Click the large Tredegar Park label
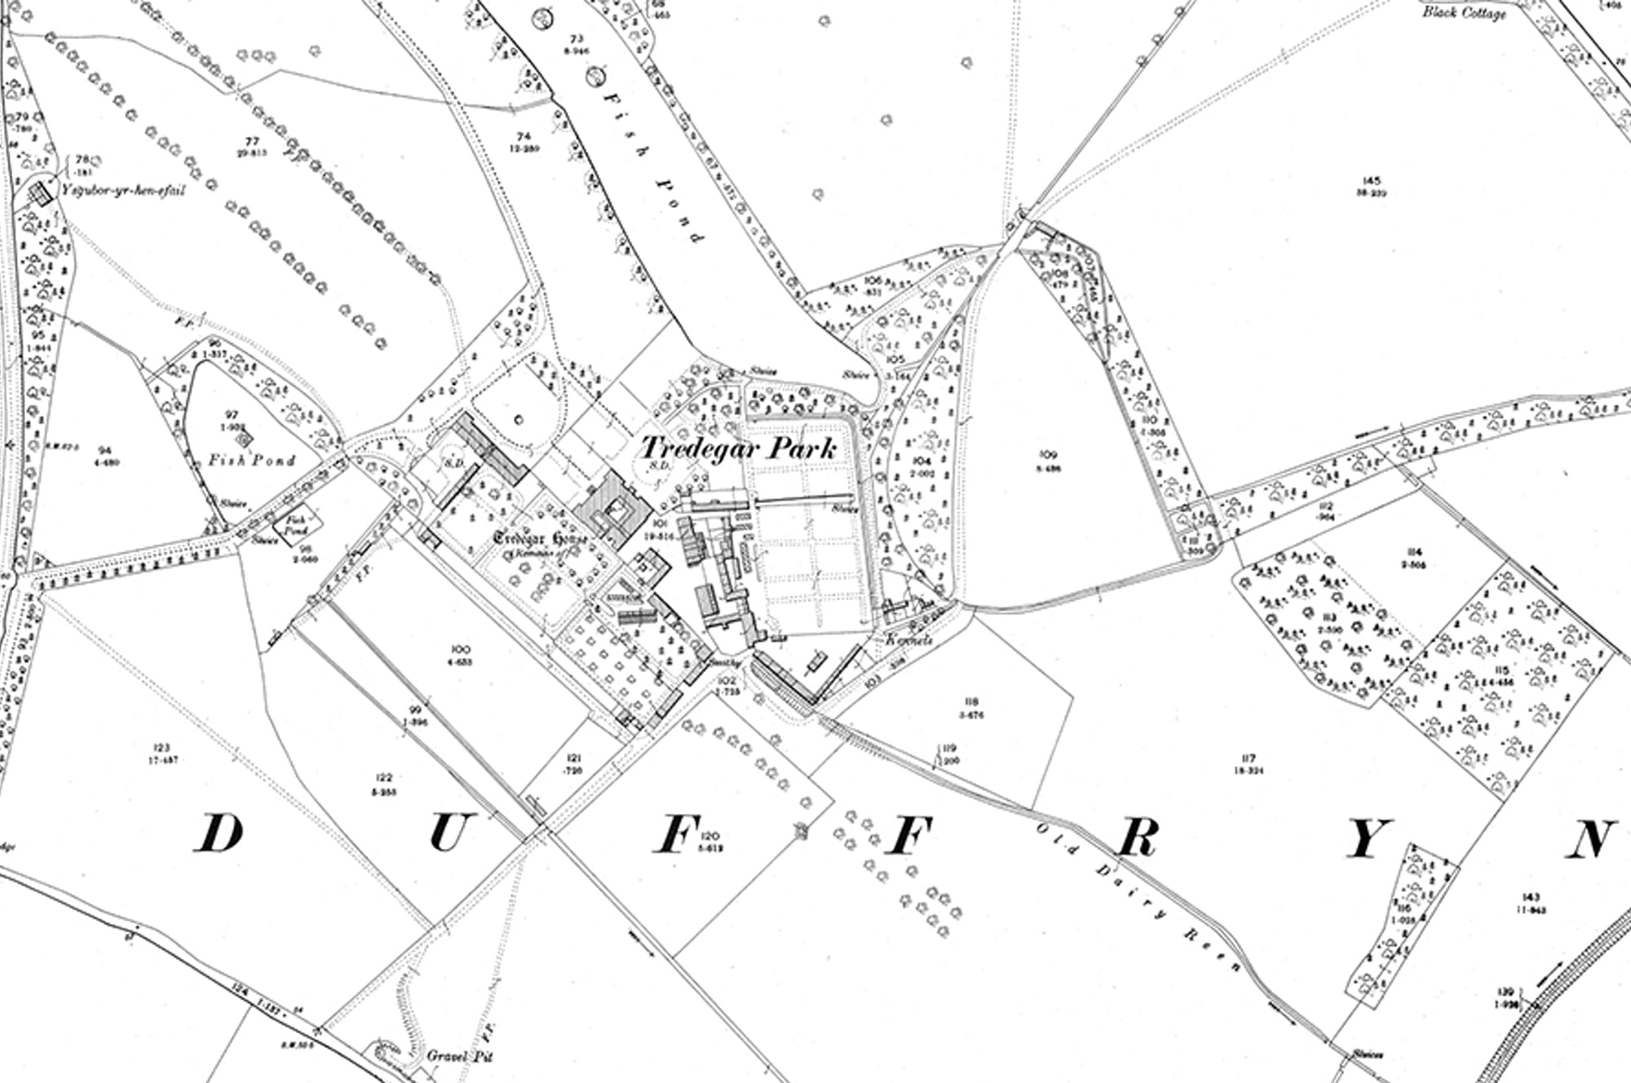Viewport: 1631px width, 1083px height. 738,448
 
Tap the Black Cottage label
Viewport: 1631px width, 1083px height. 1465,12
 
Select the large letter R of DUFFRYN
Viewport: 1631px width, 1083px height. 1136,837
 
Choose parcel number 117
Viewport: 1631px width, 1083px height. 1250,758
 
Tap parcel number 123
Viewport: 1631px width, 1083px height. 161,747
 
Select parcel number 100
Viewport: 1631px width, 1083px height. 460,648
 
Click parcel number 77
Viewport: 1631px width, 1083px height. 253,141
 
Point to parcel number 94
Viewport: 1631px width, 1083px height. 103,450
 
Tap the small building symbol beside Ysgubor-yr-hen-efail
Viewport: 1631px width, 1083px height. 38,194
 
